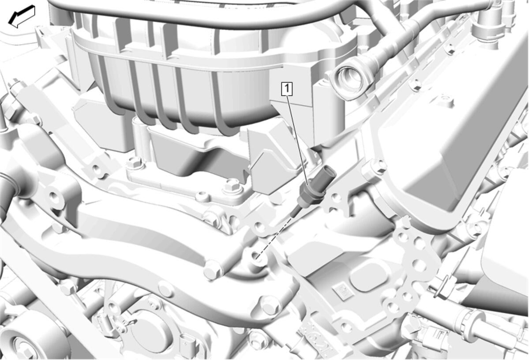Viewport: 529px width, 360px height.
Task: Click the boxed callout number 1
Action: [x=287, y=89]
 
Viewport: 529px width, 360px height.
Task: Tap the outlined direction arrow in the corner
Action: [x=22, y=16]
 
